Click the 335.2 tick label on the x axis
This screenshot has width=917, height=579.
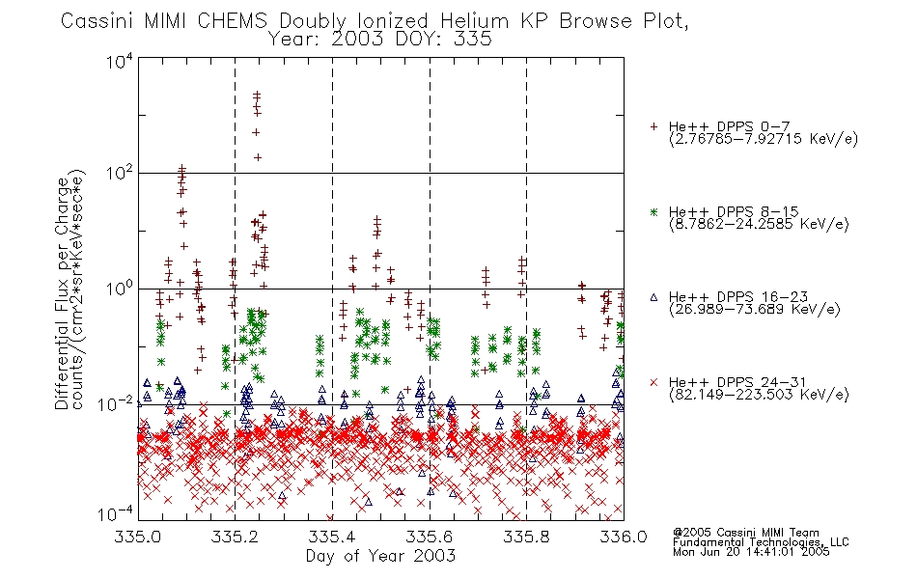(x=235, y=537)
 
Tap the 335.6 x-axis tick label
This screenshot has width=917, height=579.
(x=430, y=537)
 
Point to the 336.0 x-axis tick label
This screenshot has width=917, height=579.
(x=624, y=537)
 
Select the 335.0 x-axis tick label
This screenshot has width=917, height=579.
(x=137, y=537)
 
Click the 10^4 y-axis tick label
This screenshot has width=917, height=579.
(x=120, y=61)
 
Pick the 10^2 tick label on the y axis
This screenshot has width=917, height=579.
(x=120, y=173)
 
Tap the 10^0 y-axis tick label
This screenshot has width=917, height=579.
(x=120, y=289)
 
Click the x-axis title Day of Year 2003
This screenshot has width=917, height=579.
(x=380, y=556)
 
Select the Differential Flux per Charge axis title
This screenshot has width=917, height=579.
(x=63, y=293)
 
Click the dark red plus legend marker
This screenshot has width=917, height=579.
(x=653, y=126)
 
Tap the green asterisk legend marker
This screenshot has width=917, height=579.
(x=653, y=211)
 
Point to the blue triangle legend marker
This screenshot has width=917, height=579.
(x=653, y=297)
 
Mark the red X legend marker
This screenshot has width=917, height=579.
(x=653, y=382)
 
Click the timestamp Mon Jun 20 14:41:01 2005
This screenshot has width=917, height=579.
(x=751, y=552)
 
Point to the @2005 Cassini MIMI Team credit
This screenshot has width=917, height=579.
(x=745, y=533)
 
